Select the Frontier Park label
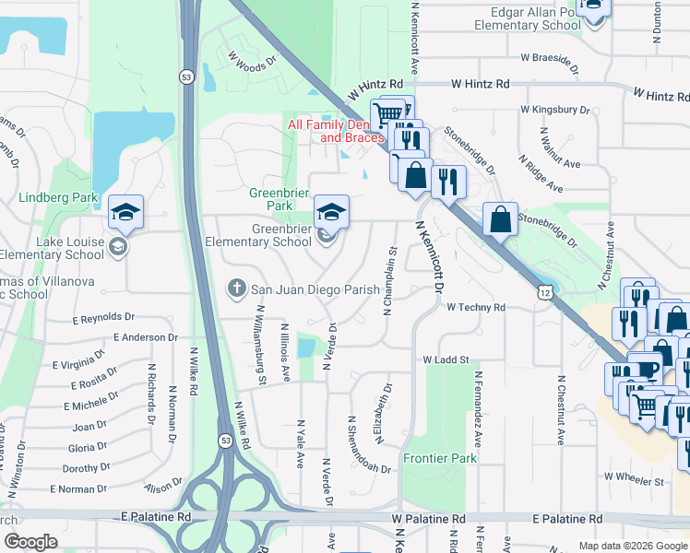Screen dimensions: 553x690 [440, 458]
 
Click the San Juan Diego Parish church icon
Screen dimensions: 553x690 [236, 289]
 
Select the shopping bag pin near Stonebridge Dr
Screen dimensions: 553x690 [500, 221]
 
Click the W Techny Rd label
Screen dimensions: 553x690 [476, 307]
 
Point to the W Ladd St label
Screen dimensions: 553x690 [446, 359]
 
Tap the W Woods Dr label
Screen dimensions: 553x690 [252, 63]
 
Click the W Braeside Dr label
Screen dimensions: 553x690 [550, 62]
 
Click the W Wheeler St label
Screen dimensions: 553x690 [634, 480]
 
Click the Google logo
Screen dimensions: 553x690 [31, 542]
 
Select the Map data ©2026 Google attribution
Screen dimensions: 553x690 [632, 546]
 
